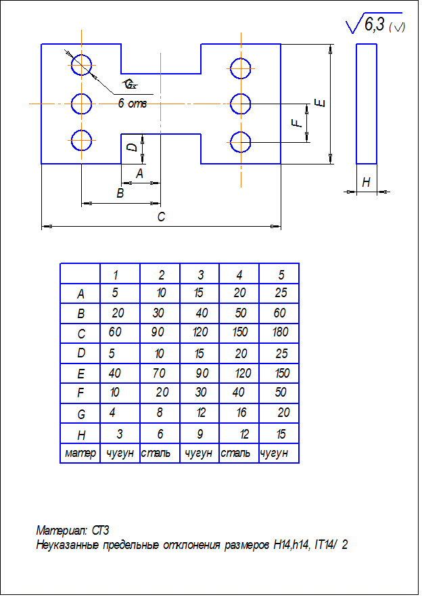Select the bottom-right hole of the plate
click(x=241, y=143)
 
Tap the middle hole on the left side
click(x=82, y=104)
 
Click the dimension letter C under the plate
click(x=161, y=217)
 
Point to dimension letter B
click(x=120, y=194)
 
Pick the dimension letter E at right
click(x=321, y=103)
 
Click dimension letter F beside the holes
click(x=295, y=123)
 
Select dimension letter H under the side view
click(x=366, y=183)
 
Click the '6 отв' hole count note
click(x=132, y=104)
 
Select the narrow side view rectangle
click(x=367, y=104)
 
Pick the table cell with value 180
click(x=279, y=333)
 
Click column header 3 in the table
click(x=201, y=275)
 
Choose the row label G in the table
click(x=80, y=413)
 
